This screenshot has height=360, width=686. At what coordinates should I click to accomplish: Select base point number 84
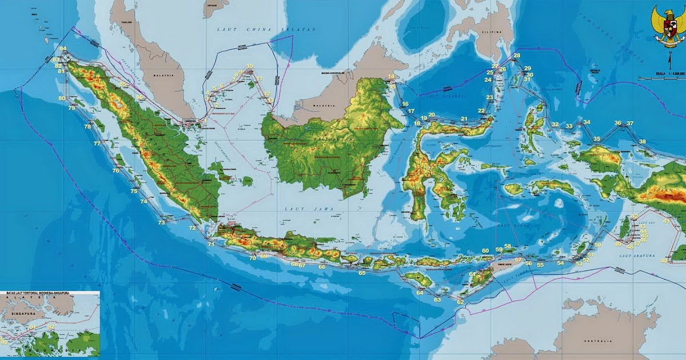click(x=63, y=49)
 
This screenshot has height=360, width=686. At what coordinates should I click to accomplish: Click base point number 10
click(x=249, y=66)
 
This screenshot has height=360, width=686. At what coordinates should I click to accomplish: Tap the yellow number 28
click(x=517, y=55)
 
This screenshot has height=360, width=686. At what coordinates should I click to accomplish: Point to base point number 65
click(x=362, y=273)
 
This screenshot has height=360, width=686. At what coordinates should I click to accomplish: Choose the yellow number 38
click(x=643, y=142)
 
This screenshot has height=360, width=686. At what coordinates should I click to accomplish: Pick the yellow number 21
click(x=464, y=119)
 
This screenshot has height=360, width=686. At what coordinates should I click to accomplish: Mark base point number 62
click(x=460, y=302)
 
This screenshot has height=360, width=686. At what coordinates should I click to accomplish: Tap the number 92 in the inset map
click(x=51, y=326)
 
